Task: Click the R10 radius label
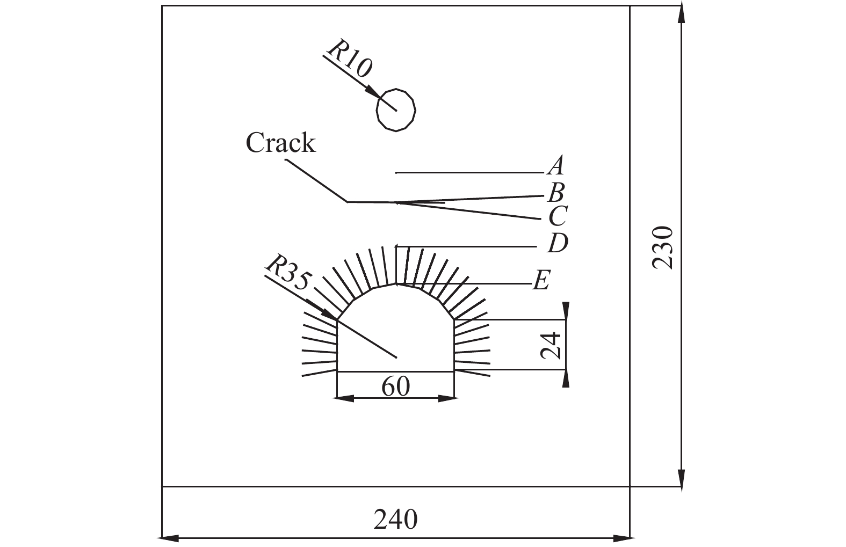pos(349,59)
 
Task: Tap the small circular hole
pos(396,110)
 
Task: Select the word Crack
pos(280,143)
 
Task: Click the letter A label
pos(556,166)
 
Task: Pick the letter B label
pos(556,192)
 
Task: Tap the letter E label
pos(541,280)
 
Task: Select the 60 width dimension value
pos(395,386)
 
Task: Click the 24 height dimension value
pos(551,345)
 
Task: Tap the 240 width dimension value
pos(395,519)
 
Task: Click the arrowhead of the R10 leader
pos(373,93)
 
